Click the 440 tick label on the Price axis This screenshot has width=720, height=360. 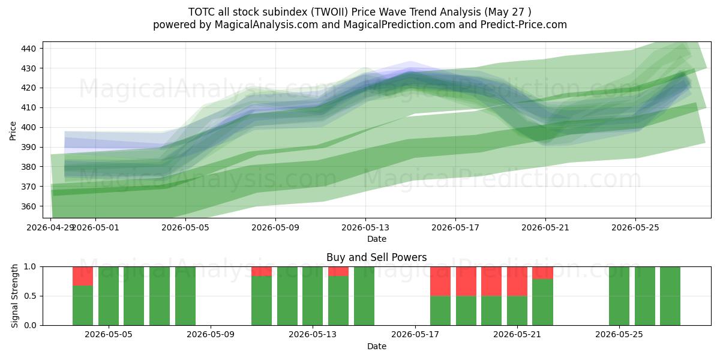(28, 49)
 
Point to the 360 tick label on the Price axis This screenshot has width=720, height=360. (28, 206)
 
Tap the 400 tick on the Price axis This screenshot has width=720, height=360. (28, 128)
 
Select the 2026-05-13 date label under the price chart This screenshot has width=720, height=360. (365, 227)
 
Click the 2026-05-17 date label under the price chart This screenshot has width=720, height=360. (455, 227)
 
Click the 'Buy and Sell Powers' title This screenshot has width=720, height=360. (376, 257)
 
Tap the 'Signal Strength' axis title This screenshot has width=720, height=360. (14, 296)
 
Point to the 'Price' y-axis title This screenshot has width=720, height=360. (13, 131)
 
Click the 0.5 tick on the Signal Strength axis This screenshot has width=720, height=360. (30, 296)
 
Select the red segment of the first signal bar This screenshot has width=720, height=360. (83, 276)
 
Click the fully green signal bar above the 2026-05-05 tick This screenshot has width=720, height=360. (109, 296)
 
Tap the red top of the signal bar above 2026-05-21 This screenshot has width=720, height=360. (517, 281)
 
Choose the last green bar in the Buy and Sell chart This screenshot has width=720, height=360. (670, 296)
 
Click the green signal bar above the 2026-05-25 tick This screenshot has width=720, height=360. (619, 296)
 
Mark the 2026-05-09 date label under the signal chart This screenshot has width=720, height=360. (211, 334)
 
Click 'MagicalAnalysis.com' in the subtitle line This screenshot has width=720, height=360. (266, 25)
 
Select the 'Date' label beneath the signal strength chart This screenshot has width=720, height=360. (377, 346)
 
